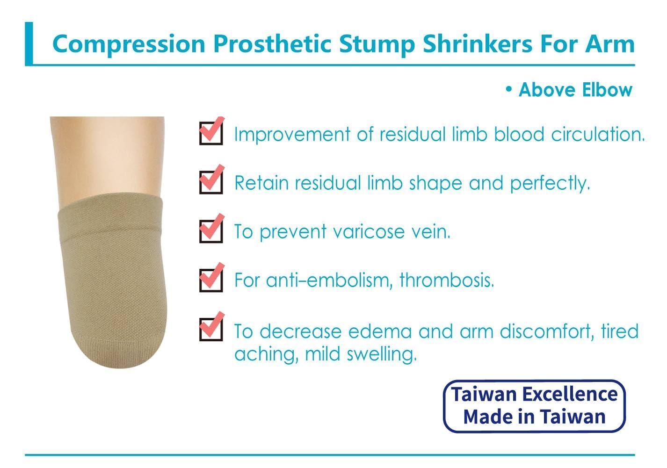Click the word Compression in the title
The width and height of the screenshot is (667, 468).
pyautogui.click(x=129, y=44)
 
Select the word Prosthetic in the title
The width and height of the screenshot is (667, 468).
pyautogui.click(x=272, y=44)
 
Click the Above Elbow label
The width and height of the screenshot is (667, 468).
pyautogui.click(x=575, y=90)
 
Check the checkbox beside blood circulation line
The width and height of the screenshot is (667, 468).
pyautogui.click(x=211, y=133)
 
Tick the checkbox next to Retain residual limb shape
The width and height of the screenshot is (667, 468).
pyautogui.click(x=211, y=181)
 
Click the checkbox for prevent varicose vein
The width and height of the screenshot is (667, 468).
pyautogui.click(x=211, y=230)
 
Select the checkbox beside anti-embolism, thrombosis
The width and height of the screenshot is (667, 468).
pyautogui.click(x=211, y=280)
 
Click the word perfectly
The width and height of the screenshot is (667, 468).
pyautogui.click(x=550, y=183)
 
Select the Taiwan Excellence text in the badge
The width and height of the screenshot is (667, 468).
pyautogui.click(x=534, y=394)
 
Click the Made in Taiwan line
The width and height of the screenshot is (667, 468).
pyautogui.click(x=534, y=416)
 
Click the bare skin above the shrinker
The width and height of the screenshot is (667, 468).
pyautogui.click(x=109, y=159)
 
